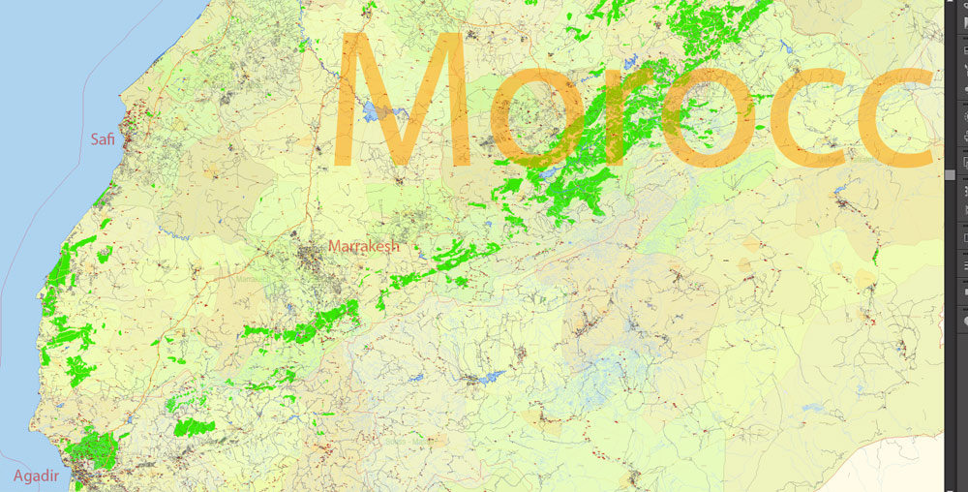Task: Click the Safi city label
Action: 103,140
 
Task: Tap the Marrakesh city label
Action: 364,246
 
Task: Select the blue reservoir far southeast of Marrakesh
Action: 490,376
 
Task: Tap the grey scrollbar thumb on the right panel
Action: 951,174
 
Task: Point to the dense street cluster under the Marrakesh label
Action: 315,263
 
